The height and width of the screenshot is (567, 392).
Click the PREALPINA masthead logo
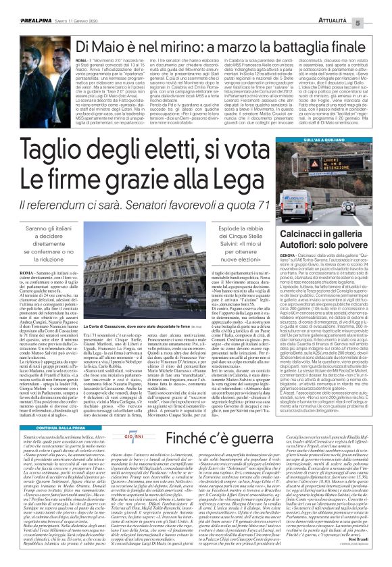(25, 6)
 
